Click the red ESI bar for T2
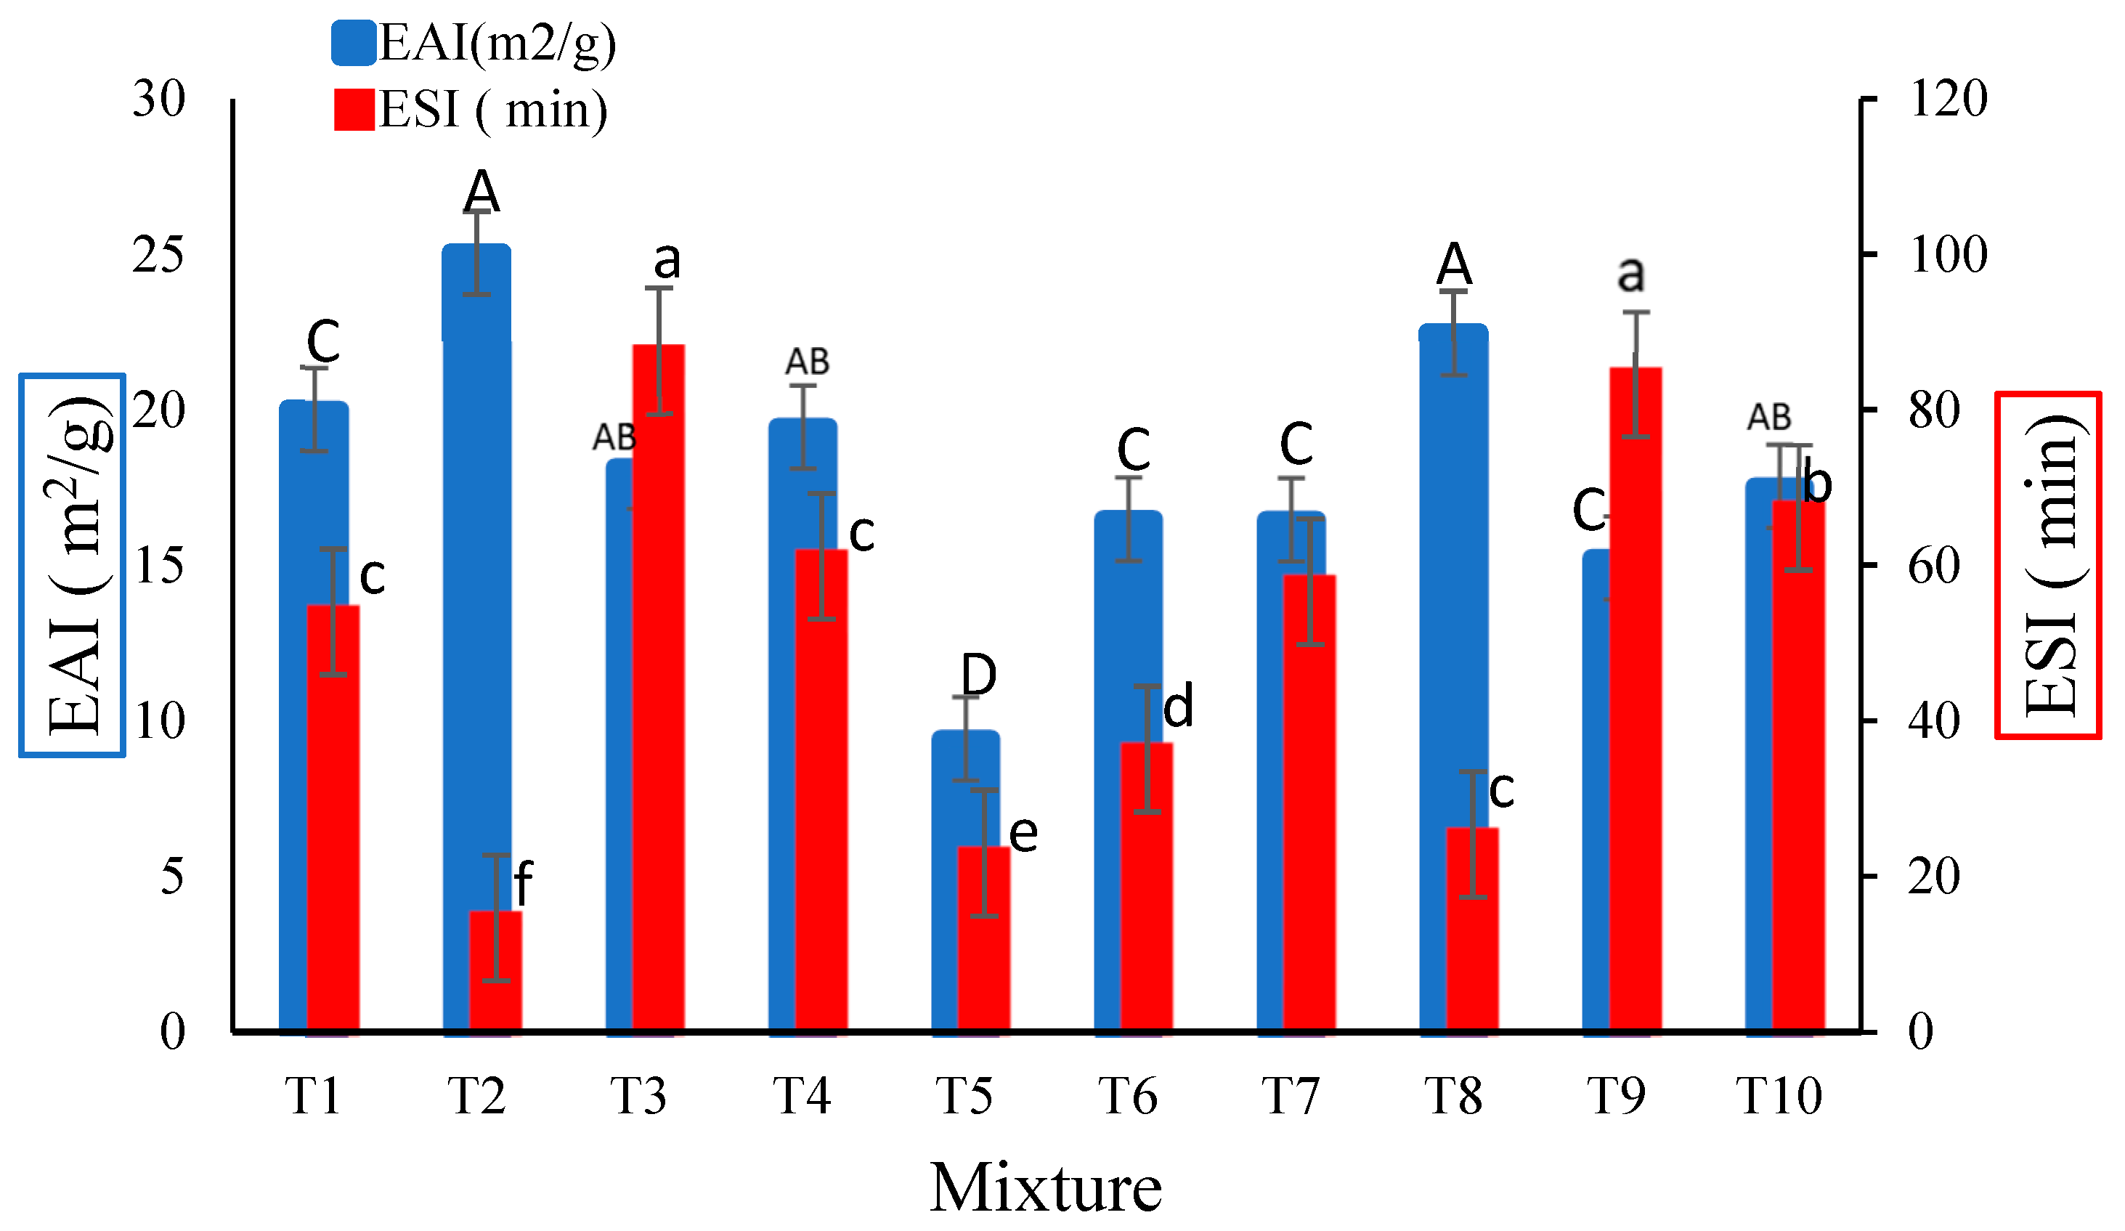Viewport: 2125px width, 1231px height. click(496, 970)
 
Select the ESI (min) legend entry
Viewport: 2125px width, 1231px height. click(470, 110)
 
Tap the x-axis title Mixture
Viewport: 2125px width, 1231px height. click(1046, 1187)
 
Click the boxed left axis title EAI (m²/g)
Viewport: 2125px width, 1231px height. click(73, 565)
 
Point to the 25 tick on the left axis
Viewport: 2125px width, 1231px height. click(158, 255)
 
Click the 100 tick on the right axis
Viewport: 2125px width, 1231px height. click(1948, 255)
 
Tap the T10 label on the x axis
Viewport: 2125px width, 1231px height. click(1779, 1096)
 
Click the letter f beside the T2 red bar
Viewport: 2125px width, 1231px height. click(523, 883)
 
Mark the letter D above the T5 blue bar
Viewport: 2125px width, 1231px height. click(979, 675)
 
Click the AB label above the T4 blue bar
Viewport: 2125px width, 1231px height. click(807, 362)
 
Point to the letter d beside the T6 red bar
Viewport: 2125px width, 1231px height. click(1178, 707)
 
